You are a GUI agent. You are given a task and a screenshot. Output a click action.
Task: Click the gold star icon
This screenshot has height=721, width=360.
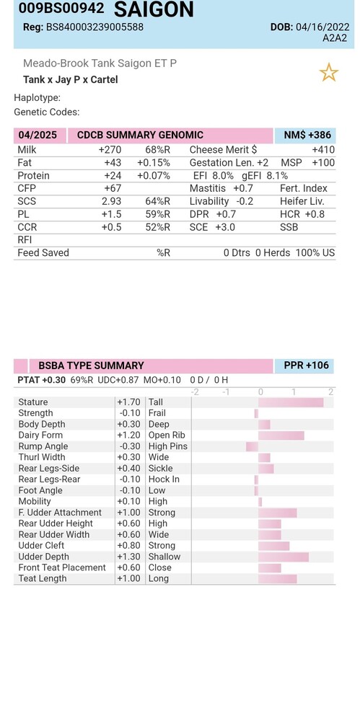(x=329, y=73)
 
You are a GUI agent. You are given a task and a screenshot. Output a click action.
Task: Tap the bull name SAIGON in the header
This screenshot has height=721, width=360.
(x=154, y=9)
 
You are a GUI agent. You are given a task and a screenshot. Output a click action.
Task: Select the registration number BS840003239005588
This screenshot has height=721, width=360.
(x=95, y=27)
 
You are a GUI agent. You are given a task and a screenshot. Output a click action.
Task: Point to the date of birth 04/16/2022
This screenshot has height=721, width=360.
(x=322, y=27)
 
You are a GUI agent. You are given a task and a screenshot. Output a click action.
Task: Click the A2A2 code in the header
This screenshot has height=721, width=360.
(x=335, y=37)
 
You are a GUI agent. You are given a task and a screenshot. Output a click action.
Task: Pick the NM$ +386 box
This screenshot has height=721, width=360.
(x=305, y=136)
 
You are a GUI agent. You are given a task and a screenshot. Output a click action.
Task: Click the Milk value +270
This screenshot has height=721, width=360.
(x=110, y=150)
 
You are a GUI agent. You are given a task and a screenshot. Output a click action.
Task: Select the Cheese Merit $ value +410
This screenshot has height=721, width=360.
(x=323, y=150)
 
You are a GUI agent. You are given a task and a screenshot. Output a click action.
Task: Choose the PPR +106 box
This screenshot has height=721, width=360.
(x=304, y=366)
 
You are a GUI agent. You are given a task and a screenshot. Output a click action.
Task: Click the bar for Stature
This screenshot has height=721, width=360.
(x=291, y=402)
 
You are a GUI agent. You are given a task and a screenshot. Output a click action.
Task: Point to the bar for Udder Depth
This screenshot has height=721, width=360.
(x=284, y=557)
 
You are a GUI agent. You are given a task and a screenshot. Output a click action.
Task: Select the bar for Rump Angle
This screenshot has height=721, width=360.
(x=253, y=446)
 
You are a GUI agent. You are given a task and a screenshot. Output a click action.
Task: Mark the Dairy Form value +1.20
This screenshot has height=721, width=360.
(x=128, y=435)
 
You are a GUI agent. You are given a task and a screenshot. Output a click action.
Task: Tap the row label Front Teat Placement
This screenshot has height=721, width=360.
(x=62, y=568)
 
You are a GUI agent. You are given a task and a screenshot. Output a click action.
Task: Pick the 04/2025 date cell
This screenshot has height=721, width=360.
(x=38, y=136)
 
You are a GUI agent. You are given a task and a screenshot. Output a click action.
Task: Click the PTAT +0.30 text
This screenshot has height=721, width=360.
(x=41, y=380)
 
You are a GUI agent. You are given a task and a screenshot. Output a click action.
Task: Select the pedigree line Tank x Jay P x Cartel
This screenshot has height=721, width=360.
(x=71, y=79)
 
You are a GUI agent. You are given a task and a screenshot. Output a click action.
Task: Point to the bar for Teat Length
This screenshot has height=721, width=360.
(x=278, y=579)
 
